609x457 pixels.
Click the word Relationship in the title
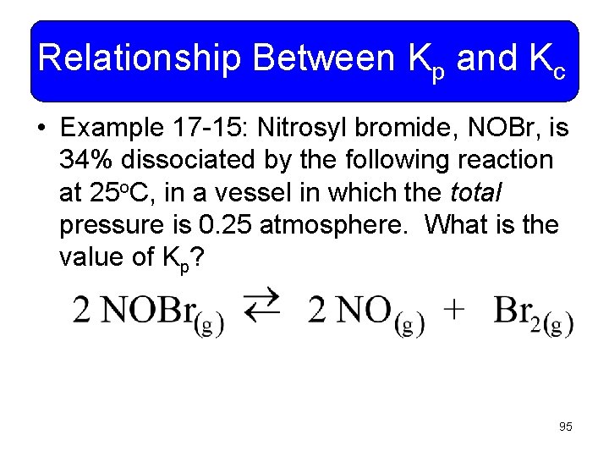tap(140, 59)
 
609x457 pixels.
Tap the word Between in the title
tap(323, 59)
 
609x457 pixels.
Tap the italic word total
tap(476, 193)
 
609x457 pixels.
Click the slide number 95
tap(565, 427)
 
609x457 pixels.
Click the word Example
tap(112, 128)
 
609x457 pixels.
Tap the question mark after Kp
tap(199, 257)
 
